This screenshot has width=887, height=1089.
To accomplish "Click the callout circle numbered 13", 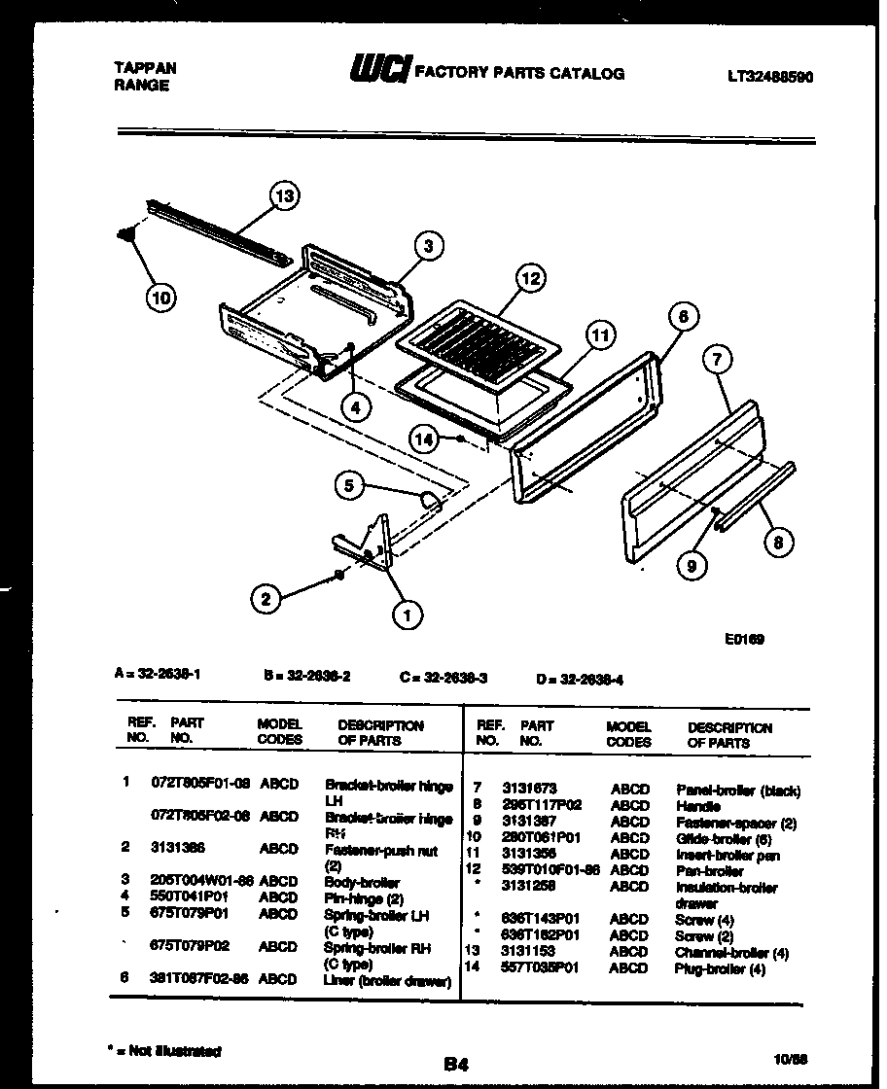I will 284,196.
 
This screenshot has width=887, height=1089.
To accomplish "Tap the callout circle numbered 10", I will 162,298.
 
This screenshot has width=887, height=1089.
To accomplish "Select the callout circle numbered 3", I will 428,247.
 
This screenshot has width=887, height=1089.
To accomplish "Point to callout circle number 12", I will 528,279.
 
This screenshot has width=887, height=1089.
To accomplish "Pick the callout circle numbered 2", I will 266,599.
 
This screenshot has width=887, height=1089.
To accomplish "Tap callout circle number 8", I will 777,544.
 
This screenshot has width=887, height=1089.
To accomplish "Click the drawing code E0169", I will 744,639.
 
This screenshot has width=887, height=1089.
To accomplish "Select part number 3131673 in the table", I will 529,790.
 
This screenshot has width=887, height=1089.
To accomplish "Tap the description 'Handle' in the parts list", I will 697,806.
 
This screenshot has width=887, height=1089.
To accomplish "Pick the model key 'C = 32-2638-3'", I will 443,680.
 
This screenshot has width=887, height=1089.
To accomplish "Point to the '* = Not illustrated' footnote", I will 162,1050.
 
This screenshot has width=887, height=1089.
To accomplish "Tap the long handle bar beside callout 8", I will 757,497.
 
